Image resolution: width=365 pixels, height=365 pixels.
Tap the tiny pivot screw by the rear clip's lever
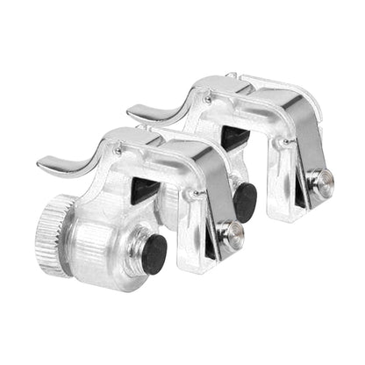tap(208, 99)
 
